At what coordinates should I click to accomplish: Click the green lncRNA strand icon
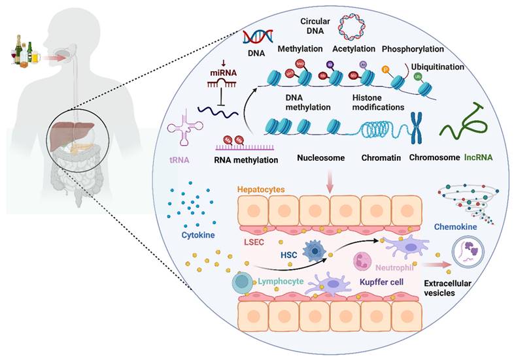[466, 121]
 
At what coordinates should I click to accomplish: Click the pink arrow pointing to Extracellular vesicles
[434, 265]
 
